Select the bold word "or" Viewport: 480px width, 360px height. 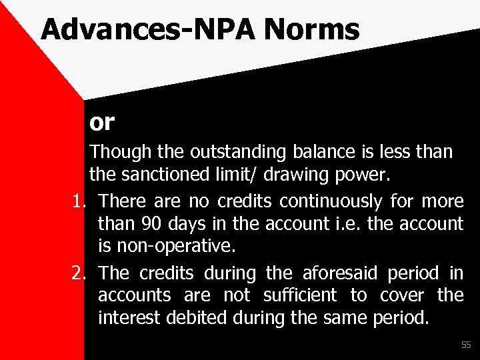[x=102, y=122]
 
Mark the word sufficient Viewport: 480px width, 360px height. [x=301, y=295]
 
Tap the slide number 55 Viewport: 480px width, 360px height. [x=465, y=345]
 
